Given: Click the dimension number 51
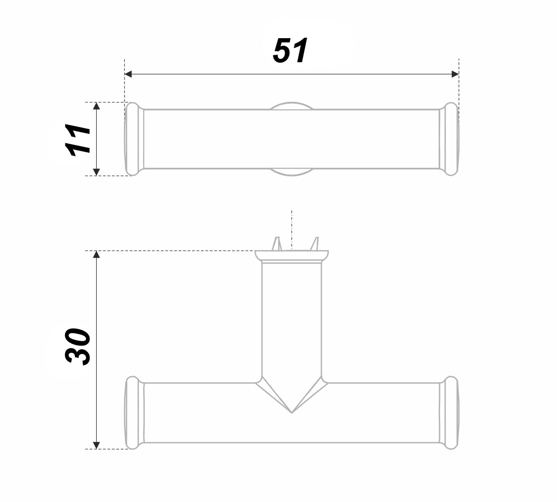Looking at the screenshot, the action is coord(290,50).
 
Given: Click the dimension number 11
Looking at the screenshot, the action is coord(78,140).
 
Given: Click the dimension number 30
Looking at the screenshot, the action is coord(78,346).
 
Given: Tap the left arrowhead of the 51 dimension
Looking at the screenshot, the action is coord(128,74).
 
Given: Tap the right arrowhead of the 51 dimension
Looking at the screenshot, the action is coord(455,74).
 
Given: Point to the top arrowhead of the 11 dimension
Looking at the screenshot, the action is coord(96,106).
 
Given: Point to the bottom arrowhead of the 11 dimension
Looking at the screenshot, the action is coord(96,172).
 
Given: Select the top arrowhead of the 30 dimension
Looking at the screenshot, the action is coord(96,255).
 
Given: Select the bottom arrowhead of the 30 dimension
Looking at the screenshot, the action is coord(96,445).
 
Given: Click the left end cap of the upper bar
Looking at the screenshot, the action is coord(134,139).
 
